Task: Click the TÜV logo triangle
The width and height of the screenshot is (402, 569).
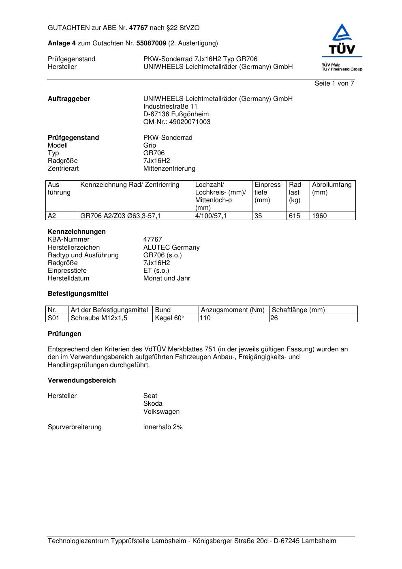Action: coord(342,33)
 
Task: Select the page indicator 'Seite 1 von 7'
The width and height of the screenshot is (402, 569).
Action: coord(334,83)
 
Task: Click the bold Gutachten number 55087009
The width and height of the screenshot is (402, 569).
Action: coord(151,43)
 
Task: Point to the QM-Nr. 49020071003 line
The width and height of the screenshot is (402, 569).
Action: coord(177,122)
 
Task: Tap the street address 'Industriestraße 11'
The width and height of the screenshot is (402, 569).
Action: coord(170,107)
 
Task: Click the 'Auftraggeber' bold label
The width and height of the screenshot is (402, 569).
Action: coord(69,99)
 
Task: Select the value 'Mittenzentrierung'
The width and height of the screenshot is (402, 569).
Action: coord(169,169)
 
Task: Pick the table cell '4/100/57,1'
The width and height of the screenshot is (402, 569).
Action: coord(211,216)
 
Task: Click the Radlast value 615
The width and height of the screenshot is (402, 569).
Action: coord(294,216)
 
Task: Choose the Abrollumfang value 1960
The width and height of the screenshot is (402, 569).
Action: coord(319,216)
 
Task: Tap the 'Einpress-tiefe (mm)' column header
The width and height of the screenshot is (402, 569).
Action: coord(268,193)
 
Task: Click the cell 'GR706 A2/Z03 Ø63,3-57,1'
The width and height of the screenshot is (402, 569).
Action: coord(120,216)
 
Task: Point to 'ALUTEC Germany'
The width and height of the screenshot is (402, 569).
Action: coord(171,248)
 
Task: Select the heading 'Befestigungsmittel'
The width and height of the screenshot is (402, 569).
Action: coord(78,294)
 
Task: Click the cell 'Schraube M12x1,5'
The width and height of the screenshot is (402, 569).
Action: coord(99,318)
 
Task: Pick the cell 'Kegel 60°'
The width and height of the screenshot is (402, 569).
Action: coord(169,318)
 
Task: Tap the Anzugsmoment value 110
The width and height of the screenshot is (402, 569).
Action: coord(205,318)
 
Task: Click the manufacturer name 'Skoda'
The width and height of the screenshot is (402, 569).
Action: coord(153,404)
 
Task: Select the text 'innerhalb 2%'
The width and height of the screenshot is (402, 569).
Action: coord(163,427)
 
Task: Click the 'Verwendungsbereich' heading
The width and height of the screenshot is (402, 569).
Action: coord(81,381)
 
